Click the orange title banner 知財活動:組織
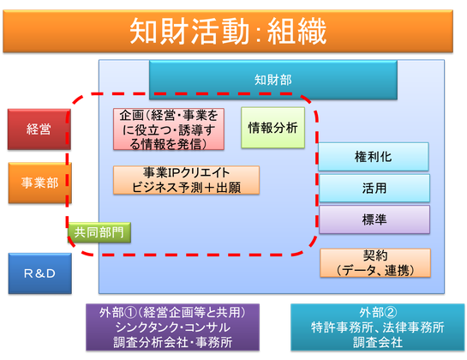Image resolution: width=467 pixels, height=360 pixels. [x=228, y=32]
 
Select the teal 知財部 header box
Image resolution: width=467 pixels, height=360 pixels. [x=273, y=80]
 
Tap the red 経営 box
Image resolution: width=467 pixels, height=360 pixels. [x=39, y=129]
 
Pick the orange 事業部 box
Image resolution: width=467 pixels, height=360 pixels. [x=40, y=183]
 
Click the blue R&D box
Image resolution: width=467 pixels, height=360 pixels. [x=40, y=273]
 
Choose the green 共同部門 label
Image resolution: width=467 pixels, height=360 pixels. [x=99, y=232]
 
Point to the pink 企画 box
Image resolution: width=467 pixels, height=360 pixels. [x=169, y=129]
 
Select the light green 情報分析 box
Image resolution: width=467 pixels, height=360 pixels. [x=272, y=128]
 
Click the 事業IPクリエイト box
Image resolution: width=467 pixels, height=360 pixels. [x=186, y=180]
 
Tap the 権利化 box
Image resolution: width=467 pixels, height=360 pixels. [x=374, y=157]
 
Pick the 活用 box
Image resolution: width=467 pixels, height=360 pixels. [x=374, y=189]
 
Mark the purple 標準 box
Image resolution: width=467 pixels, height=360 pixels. [x=374, y=219]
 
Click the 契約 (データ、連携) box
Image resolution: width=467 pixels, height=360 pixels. [x=375, y=263]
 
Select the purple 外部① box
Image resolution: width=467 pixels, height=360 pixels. [x=173, y=327]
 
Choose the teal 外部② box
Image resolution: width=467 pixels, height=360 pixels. [x=378, y=327]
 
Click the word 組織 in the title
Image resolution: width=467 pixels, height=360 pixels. [x=296, y=32]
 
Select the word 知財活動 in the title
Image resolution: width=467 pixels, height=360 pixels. [x=189, y=32]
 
